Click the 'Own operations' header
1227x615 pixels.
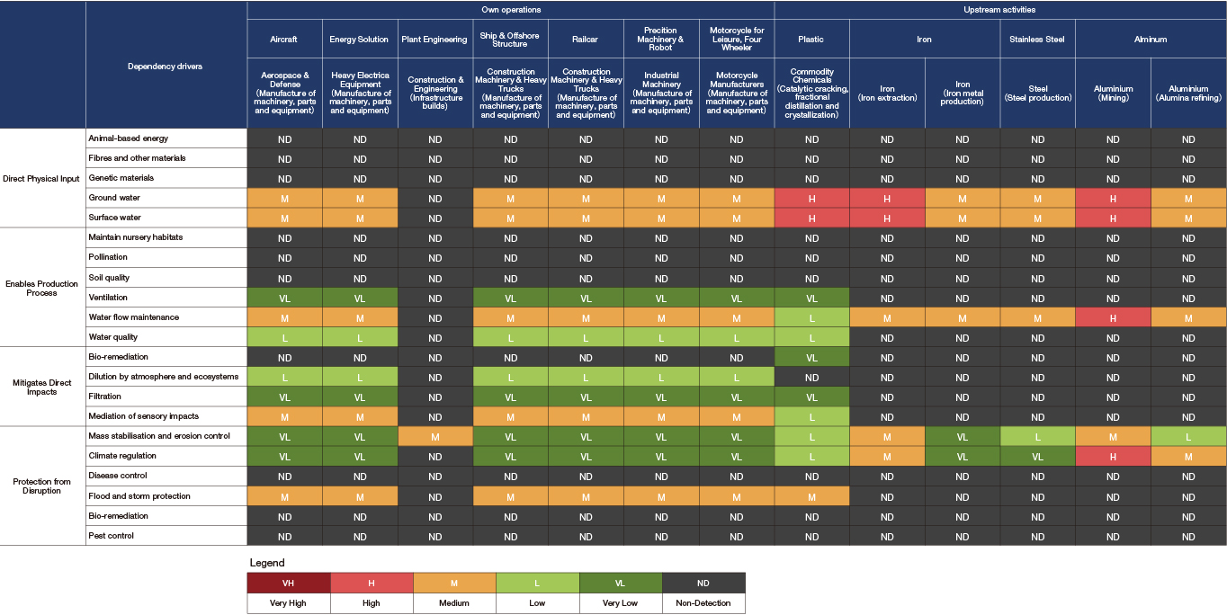[510, 10]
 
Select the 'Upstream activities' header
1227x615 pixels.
[999, 10]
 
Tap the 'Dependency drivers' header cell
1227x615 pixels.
[165, 67]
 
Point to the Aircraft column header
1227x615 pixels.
[284, 40]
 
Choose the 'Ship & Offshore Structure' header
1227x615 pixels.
[510, 40]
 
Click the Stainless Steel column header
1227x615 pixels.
[1037, 40]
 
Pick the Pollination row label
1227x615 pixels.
[108, 257]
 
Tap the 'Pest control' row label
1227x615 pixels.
[111, 536]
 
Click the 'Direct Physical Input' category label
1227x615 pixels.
[42, 178]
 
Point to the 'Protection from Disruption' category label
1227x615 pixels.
[42, 486]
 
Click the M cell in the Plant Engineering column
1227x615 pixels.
[435, 437]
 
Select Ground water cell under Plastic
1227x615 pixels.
[811, 198]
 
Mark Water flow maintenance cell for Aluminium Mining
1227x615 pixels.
[1113, 317]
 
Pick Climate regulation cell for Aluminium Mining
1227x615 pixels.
[1113, 457]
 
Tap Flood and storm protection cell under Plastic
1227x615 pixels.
[811, 497]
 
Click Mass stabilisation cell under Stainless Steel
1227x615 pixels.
[1037, 437]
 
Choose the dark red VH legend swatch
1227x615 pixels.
[288, 584]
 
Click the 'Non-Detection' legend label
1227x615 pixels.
[703, 603]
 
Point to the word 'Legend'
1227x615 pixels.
[266, 563]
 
